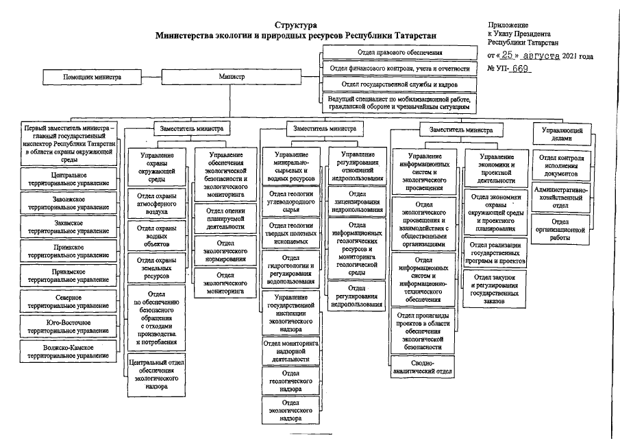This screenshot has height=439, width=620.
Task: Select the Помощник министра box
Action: [x=92, y=78]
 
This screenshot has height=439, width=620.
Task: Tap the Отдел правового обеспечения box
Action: [x=399, y=52]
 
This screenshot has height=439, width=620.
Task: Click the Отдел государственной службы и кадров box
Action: [x=399, y=84]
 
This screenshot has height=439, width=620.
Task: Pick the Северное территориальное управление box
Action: [x=69, y=301]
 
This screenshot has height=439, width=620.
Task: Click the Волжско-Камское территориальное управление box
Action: [x=69, y=351]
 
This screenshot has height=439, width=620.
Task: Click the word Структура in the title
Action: [x=295, y=25]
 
